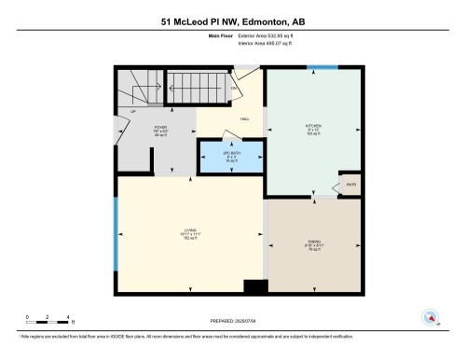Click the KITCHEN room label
[313, 127]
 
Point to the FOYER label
[160, 130]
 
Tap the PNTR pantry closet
[349, 185]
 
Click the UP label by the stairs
[133, 111]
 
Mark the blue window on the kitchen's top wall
[323, 67]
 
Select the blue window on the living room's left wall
[116, 235]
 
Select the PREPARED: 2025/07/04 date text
[233, 321]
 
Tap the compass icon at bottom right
[431, 318]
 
